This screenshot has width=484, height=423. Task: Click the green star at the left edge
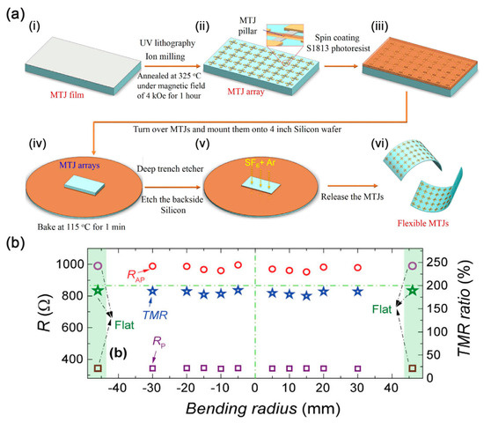[99, 291]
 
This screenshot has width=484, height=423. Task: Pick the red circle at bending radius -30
[152, 266]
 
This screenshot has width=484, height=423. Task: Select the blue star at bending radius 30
[357, 292]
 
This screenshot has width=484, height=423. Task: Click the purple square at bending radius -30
[152, 367]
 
